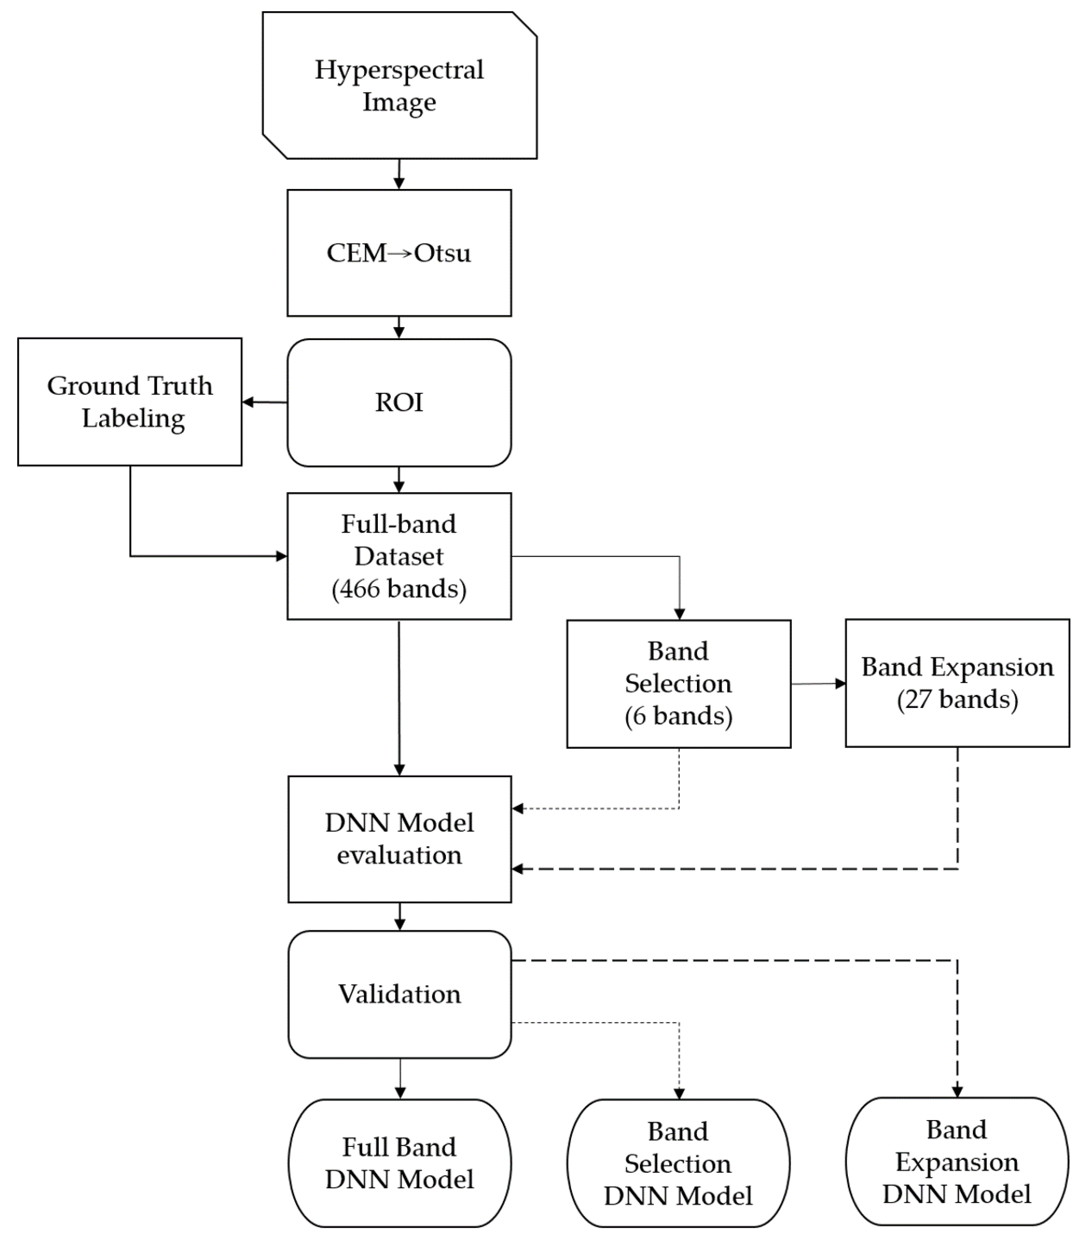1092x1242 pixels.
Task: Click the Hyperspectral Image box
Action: pos(399,85)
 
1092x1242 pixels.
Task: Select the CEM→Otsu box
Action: pos(399,253)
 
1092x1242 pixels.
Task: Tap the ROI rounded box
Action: pos(399,402)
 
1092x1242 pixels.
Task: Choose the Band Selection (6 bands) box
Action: pos(678,683)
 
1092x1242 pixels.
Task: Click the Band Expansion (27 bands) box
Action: pos(957,683)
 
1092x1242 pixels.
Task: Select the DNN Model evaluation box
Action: pos(399,839)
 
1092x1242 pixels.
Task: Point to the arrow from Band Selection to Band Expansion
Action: pos(818,683)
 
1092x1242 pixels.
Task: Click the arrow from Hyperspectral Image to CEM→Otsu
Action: pos(399,174)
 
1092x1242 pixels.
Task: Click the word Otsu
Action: pos(442,253)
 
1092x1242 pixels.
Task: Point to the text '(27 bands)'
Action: pos(957,699)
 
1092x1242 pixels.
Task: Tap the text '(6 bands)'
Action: pos(678,716)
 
